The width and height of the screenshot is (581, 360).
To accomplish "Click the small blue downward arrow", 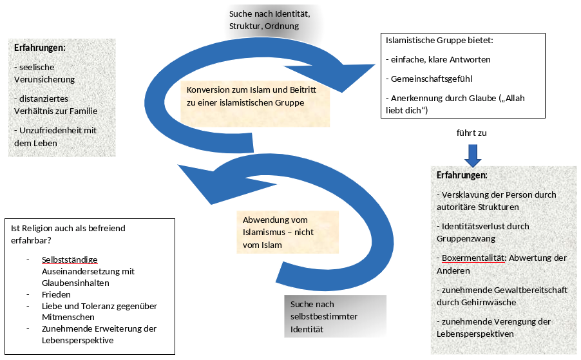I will click(x=473, y=155).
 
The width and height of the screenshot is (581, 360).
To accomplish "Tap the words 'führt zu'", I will click(x=473, y=133).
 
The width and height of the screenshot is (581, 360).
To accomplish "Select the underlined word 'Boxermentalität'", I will click(x=471, y=258).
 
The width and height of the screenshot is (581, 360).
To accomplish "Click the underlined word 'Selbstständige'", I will click(x=70, y=260).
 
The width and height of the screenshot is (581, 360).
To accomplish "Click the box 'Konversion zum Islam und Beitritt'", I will click(x=254, y=96).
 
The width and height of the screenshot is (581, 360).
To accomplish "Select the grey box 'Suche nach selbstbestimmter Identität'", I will click(x=334, y=316).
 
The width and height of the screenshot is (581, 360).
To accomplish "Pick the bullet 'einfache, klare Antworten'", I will click(x=438, y=59).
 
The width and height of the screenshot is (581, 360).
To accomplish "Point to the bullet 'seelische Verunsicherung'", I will click(x=45, y=73).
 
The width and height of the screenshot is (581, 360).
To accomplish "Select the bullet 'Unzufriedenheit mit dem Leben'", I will click(x=55, y=137).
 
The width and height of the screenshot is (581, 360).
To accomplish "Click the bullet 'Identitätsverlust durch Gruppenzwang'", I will click(x=482, y=232).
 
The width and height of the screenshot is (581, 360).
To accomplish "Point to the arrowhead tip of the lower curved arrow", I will click(x=180, y=167).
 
